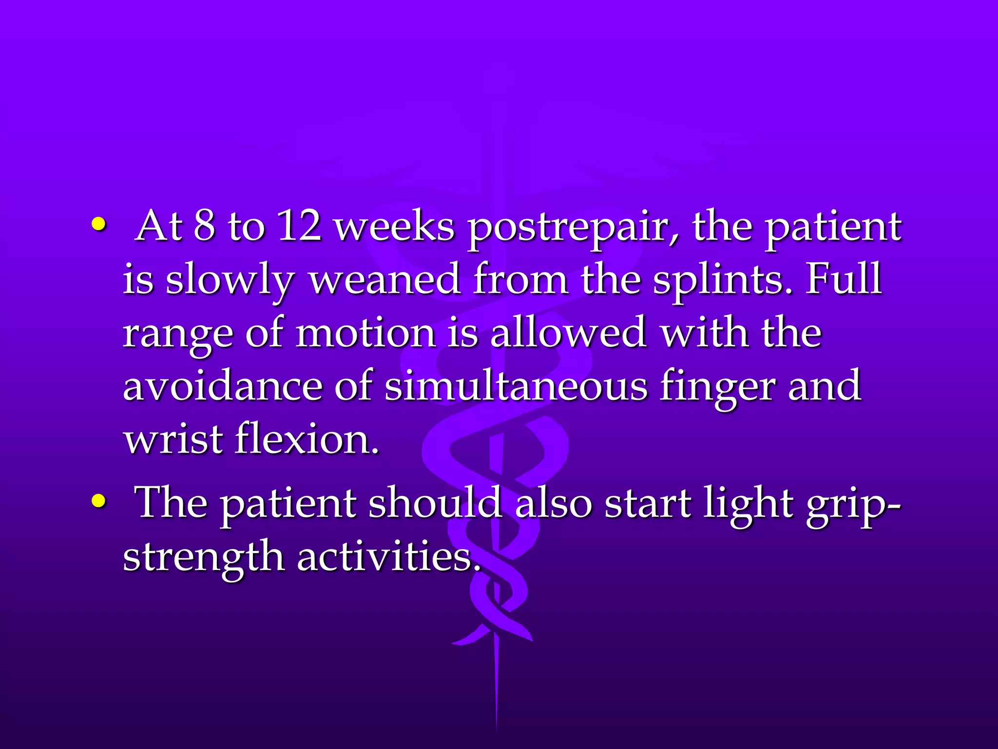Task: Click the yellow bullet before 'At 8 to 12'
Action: pos(98,225)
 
